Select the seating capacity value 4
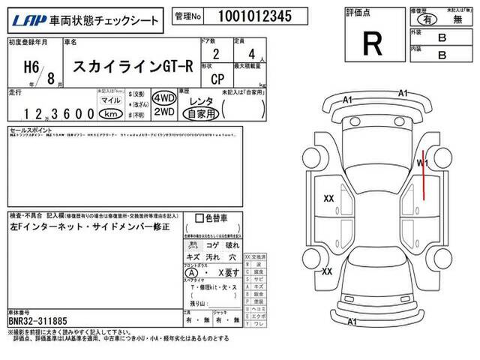253,55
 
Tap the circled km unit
110,114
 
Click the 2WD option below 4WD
163,112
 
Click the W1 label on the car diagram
421,162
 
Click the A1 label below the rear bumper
352,322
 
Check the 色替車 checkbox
199,219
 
